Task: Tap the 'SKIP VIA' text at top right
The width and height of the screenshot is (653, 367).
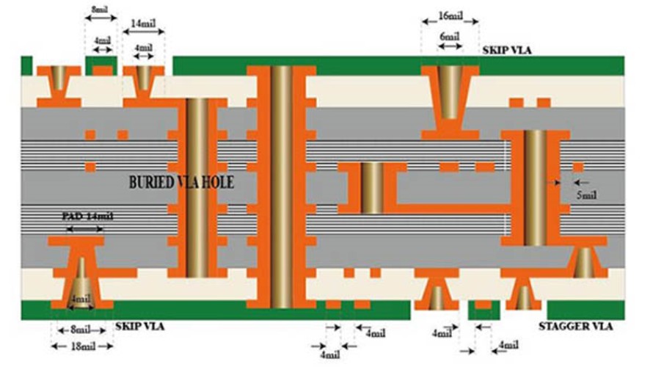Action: (507, 50)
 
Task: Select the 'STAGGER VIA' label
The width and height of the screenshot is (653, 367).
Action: (576, 327)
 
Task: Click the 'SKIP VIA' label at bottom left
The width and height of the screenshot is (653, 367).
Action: (139, 325)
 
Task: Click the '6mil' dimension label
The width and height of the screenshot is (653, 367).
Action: (449, 37)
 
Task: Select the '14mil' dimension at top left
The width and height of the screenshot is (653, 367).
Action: (144, 24)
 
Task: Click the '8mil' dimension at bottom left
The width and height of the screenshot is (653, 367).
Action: (79, 330)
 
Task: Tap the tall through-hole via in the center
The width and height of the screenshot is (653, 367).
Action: (281, 183)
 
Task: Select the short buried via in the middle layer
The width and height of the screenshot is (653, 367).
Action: (372, 188)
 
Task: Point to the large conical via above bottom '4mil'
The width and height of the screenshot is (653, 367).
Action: (81, 279)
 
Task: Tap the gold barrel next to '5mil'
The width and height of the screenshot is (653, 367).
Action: (536, 187)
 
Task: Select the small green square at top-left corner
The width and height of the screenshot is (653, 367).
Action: (27, 65)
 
